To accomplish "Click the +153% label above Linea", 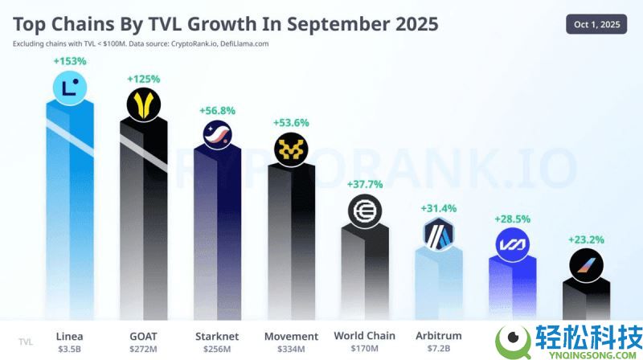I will tap(69, 61).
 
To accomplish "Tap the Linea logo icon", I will tap(69, 88).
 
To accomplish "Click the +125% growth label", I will tap(143, 79).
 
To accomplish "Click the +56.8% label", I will tap(217, 109).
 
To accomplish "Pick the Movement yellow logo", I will tap(291, 148).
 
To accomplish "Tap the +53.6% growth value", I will tap(291, 122).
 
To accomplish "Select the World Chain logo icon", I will tap(365, 211).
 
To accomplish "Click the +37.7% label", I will tap(365, 184).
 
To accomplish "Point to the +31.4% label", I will tap(439, 208).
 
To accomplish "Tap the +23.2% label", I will tap(586, 239).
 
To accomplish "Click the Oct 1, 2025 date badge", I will tap(596, 24).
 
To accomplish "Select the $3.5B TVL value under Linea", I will tap(69, 350).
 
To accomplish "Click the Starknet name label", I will tap(217, 336).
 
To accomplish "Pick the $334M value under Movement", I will tap(291, 350).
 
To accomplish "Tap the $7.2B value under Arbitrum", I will tap(439, 350).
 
